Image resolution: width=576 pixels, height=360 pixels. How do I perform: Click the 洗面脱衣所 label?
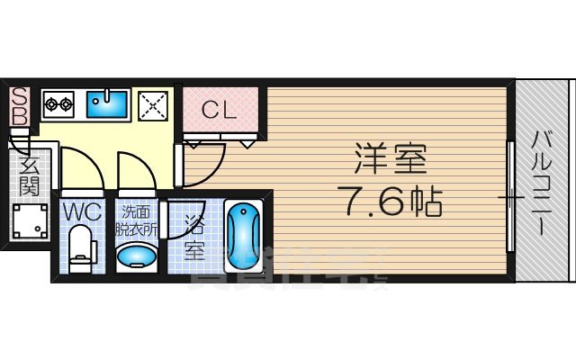point(137,220)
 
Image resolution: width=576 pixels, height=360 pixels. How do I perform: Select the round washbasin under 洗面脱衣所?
point(137,257)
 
